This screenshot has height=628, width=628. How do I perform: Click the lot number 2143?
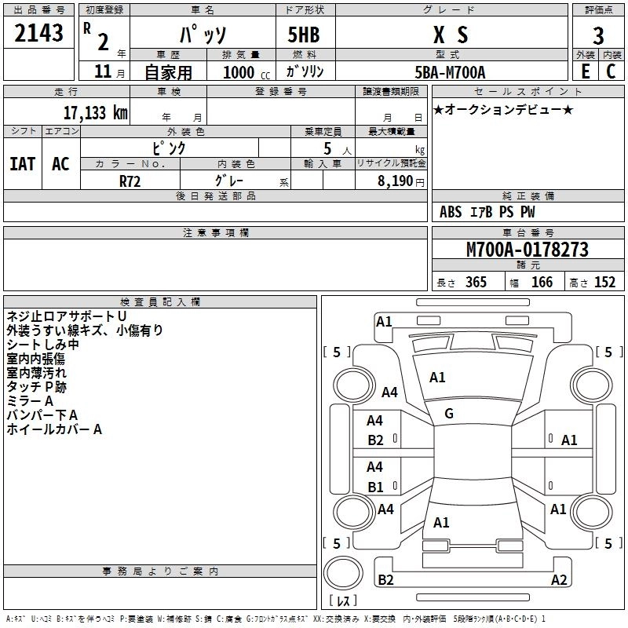pos(39,33)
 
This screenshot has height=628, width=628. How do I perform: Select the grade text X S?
pos(451,35)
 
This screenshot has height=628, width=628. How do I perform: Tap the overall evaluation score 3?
pos(598,36)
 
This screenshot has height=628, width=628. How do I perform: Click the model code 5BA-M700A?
pos(450,72)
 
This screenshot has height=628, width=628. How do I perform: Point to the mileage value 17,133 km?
pos(96,112)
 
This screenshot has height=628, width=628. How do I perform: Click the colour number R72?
pos(131,180)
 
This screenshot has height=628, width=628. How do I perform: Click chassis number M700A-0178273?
pos(528,250)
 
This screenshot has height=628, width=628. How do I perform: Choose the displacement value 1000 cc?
pos(240,72)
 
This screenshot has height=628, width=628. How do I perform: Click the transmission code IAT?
pos(23,164)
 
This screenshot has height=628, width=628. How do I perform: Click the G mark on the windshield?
pos(449,414)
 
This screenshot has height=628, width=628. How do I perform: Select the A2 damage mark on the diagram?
pos(559,580)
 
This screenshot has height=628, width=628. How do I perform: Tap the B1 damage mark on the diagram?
pos(376,487)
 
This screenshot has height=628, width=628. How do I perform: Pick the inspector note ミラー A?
pos(31,400)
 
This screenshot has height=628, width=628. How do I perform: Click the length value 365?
pos(475,283)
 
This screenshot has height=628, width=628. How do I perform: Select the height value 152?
pos(604,283)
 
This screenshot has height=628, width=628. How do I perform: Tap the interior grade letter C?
pos(610,71)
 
